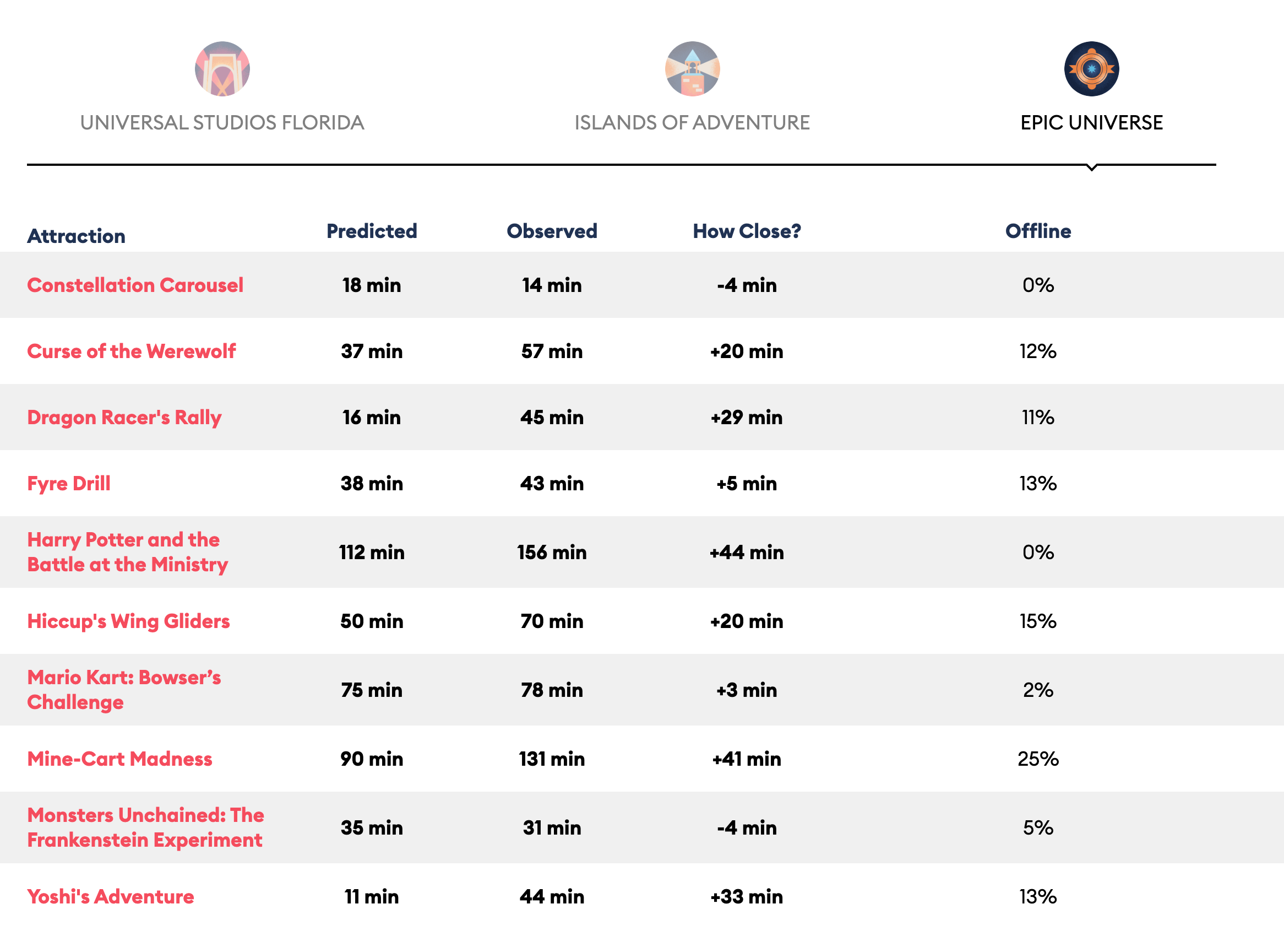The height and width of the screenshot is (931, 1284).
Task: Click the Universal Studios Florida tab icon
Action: [222, 68]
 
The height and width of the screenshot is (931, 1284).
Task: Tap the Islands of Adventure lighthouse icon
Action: [692, 68]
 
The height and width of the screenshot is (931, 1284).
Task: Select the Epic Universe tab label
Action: [1091, 122]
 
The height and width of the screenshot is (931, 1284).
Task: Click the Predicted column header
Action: [372, 231]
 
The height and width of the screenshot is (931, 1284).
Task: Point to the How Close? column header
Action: [746, 231]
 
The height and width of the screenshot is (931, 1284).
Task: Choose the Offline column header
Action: [1038, 231]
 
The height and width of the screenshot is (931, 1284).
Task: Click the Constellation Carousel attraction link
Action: [135, 285]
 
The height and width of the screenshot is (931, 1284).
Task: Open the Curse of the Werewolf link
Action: [132, 351]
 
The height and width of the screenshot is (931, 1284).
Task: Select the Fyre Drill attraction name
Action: [68, 483]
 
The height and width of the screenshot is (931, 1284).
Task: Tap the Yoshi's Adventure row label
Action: [111, 896]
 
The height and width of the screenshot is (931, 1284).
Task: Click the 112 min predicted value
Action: [372, 552]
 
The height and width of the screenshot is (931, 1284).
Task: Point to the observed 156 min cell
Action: [551, 552]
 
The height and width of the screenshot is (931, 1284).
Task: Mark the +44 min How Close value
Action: [746, 552]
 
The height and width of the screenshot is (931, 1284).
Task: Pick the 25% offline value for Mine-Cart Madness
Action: [1038, 759]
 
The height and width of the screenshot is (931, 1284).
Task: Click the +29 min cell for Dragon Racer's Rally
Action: [746, 418]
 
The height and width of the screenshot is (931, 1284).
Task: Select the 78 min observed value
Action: [551, 690]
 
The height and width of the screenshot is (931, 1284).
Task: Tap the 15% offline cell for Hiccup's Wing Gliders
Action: [1038, 621]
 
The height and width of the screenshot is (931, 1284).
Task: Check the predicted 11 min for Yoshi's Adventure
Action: [372, 896]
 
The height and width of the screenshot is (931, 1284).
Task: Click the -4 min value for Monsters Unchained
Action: [746, 828]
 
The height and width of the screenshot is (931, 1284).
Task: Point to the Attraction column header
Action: [77, 236]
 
